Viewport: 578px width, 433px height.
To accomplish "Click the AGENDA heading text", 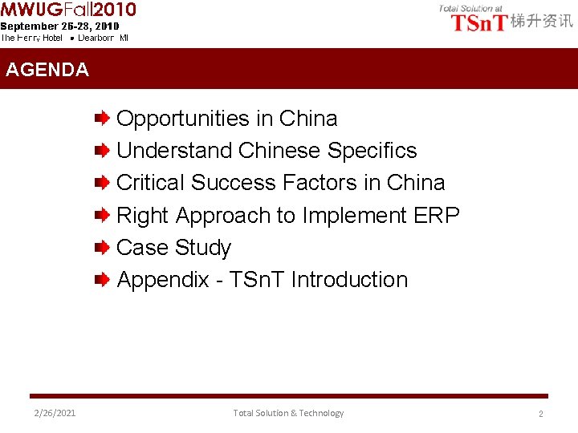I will coord(47,70).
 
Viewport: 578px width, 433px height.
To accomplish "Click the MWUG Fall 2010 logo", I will coord(68,10).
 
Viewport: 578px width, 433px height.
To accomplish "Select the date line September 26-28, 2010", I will coord(59,26).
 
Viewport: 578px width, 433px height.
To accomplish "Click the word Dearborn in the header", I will coord(97,38).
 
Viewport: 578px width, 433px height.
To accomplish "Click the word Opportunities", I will coord(183,119).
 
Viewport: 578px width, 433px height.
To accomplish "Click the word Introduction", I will coord(349,280).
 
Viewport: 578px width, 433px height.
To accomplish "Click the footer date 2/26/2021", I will coord(55,413).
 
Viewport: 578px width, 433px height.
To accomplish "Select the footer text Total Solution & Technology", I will coord(288,413).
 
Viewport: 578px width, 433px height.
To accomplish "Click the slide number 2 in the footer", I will coord(540,414).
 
